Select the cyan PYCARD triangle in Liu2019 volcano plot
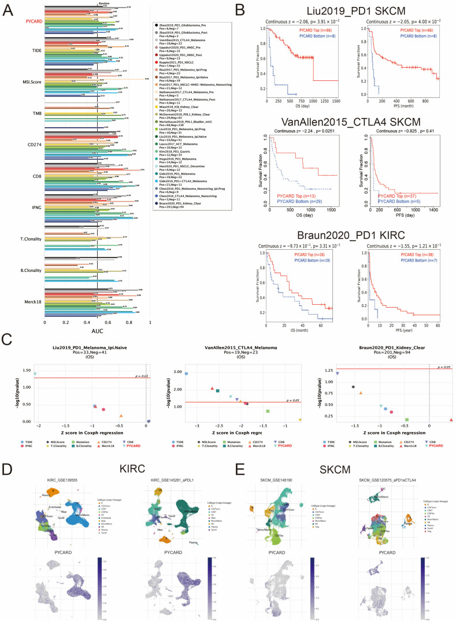click(36, 374)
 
